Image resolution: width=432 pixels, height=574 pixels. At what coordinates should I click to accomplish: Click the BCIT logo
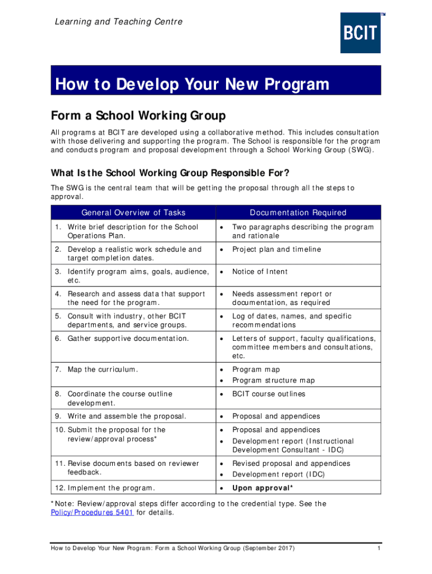[360, 33]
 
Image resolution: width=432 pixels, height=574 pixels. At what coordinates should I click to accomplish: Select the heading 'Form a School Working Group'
[138, 116]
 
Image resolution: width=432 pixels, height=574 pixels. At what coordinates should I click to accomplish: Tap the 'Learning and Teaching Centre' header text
[118, 22]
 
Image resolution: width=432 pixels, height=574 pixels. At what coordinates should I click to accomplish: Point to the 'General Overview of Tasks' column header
[133, 212]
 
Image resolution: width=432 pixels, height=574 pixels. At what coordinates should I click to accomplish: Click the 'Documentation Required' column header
[298, 212]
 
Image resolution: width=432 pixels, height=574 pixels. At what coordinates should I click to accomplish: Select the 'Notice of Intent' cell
[259, 272]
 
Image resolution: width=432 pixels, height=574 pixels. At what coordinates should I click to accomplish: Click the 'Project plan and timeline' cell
[276, 249]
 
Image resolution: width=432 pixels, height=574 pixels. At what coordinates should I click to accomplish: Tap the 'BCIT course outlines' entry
[269, 394]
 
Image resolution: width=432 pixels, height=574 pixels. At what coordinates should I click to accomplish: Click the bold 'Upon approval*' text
[262, 488]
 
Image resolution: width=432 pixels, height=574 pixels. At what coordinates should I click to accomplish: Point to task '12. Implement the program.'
[105, 488]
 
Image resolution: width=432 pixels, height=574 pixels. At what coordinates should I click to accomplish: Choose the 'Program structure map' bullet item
[273, 381]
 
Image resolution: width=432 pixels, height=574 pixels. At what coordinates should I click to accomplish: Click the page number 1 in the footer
[379, 548]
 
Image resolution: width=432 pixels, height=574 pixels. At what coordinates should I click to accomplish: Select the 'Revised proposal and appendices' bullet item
[291, 464]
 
